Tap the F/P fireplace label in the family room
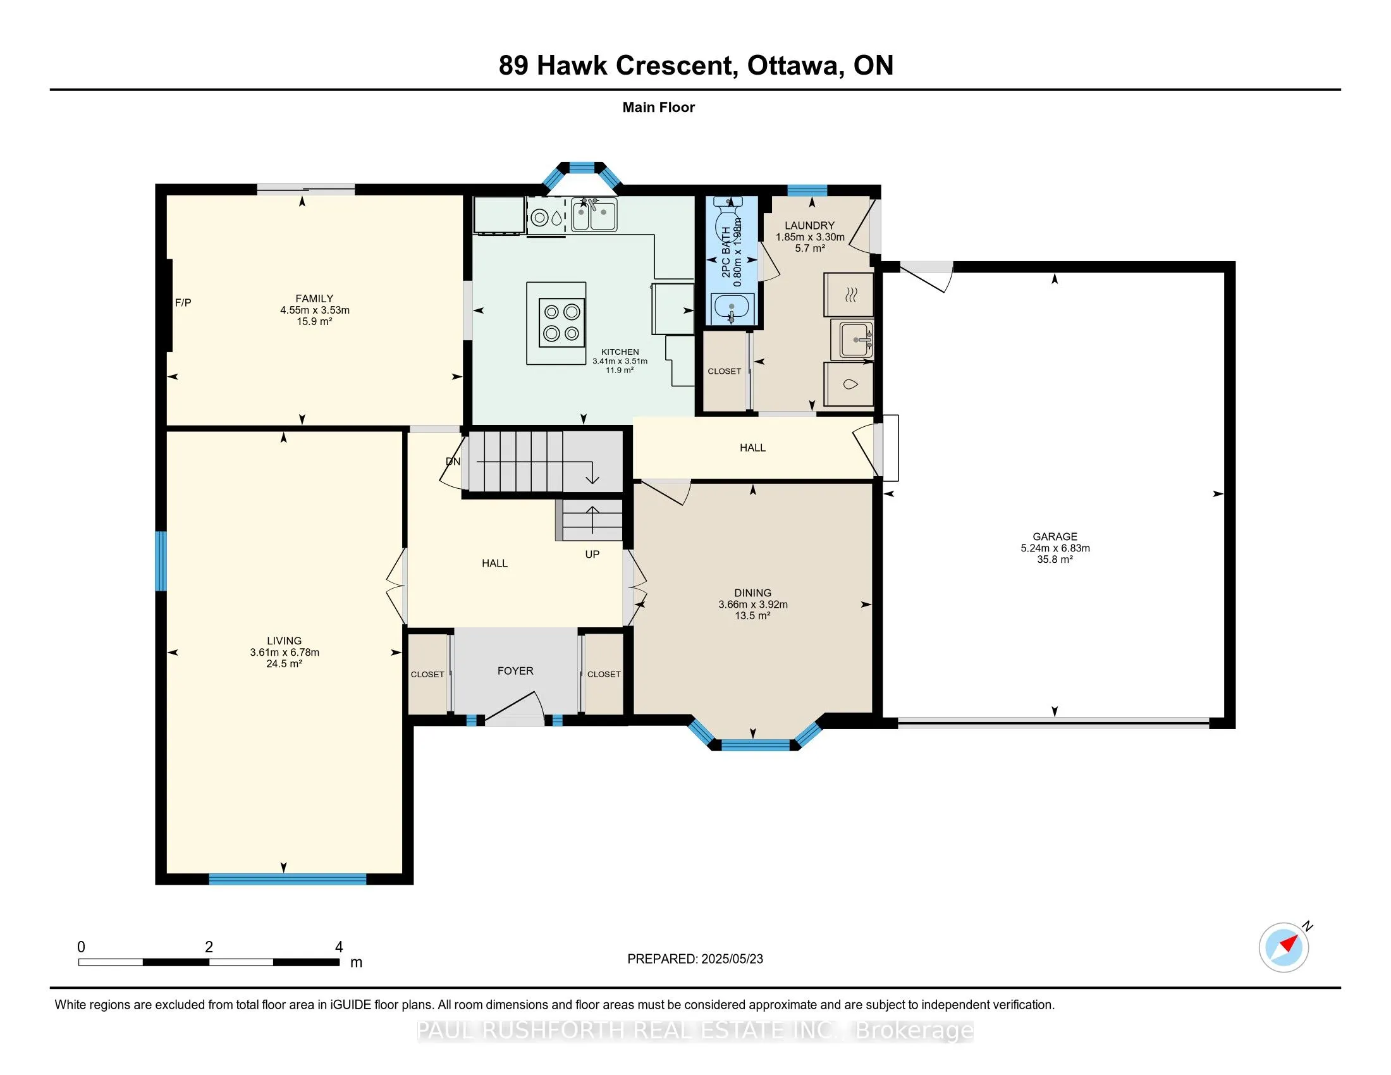[x=183, y=302]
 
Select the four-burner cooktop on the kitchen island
[x=561, y=322]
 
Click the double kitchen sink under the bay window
[x=594, y=214]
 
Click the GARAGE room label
[x=1055, y=537]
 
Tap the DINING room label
[x=752, y=593]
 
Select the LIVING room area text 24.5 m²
[x=284, y=663]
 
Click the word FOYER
[x=515, y=670]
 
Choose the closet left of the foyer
[x=427, y=674]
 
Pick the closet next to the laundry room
[x=724, y=371]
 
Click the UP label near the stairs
[x=592, y=554]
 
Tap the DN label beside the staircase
[x=453, y=461]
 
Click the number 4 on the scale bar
[x=339, y=947]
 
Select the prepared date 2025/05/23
[x=732, y=959]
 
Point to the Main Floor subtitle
[x=658, y=107]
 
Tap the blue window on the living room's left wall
[x=161, y=561]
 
